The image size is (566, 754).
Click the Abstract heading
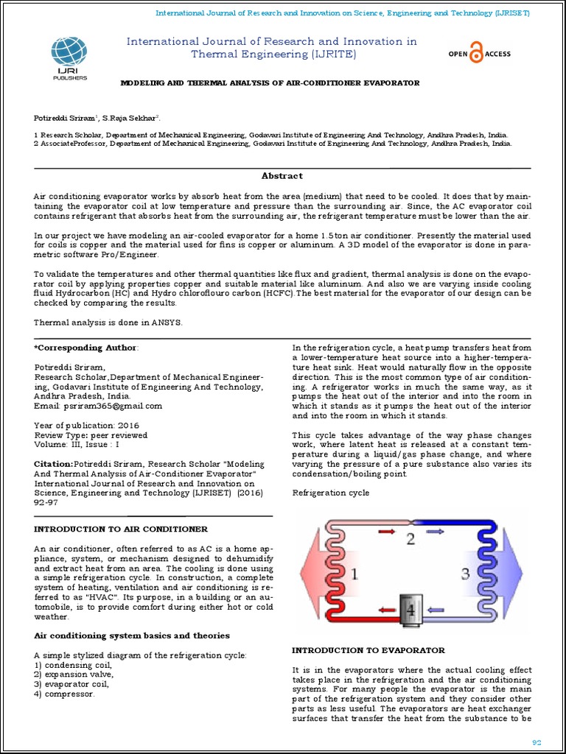[x=282, y=176]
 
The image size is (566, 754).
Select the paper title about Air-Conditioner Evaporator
[x=270, y=83]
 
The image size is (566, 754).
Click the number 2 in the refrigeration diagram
[x=410, y=538]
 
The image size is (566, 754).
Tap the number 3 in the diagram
[x=464, y=573]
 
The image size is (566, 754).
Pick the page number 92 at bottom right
[x=537, y=742]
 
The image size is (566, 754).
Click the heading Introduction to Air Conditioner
[x=121, y=529]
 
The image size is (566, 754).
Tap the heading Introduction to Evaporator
[x=368, y=650]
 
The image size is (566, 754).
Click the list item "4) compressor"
[x=64, y=694]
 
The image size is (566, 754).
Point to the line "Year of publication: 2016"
[x=86, y=426]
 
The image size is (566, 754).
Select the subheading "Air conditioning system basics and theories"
[x=132, y=635]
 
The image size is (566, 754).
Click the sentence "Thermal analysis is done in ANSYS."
[x=108, y=323]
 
